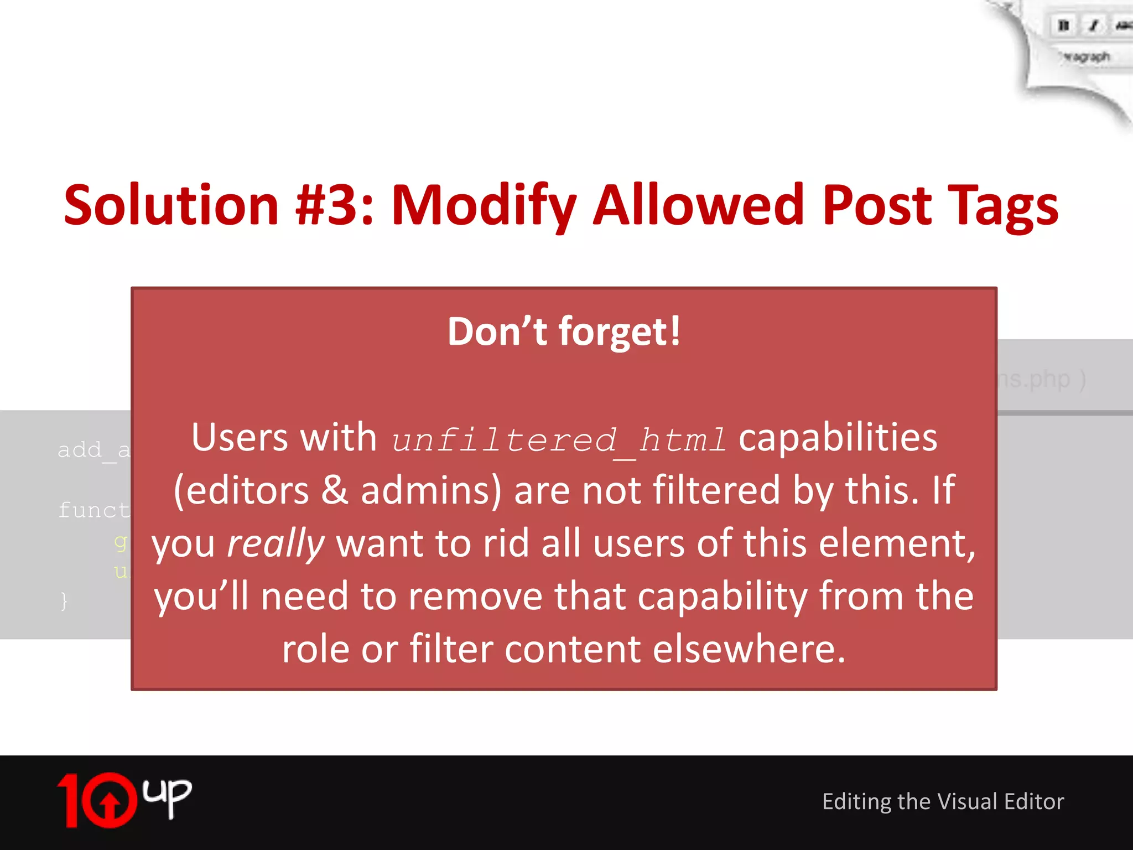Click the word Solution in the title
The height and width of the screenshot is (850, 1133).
[171, 205]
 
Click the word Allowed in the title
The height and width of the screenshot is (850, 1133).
[698, 205]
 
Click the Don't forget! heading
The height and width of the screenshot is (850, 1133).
[564, 331]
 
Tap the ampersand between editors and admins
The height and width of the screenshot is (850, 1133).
[335, 490]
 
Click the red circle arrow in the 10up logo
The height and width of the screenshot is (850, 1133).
[110, 800]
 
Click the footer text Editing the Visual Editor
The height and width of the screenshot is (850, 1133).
[943, 802]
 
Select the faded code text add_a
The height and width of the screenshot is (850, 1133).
[93, 450]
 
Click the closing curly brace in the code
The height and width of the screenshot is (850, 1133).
[64, 600]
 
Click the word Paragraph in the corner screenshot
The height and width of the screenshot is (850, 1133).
[1085, 56]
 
